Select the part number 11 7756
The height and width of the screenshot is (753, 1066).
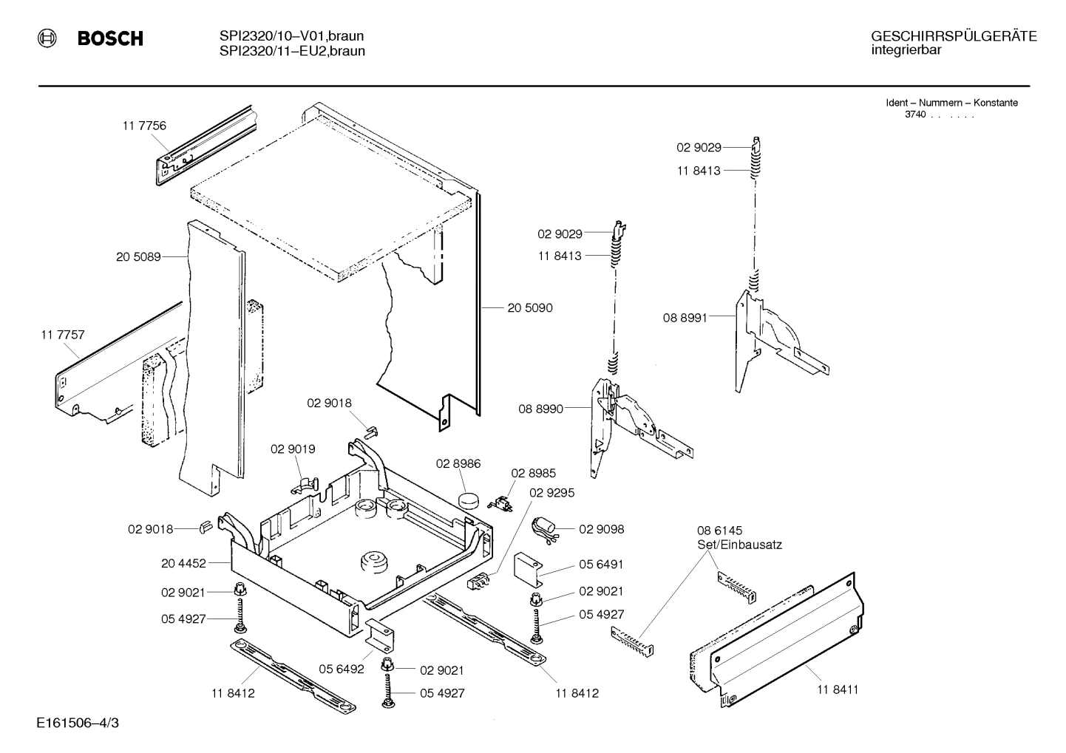(x=144, y=126)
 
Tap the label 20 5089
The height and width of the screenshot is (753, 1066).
(x=138, y=257)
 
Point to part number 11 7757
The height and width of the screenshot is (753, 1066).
(x=63, y=335)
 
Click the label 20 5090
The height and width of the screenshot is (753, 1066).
(x=530, y=307)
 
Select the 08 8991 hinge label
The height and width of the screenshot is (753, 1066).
(x=685, y=318)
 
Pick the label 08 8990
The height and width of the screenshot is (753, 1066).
(x=540, y=409)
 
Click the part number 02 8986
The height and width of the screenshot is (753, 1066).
(x=458, y=464)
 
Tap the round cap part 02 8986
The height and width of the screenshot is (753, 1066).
(x=469, y=499)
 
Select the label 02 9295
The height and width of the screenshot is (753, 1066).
(x=552, y=492)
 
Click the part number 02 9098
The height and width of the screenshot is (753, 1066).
(x=601, y=529)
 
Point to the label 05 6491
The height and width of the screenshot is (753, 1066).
(x=601, y=564)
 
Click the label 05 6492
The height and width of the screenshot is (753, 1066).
(x=342, y=669)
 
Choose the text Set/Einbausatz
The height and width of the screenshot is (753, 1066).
(x=739, y=545)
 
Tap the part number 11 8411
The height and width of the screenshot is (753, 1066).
(x=838, y=689)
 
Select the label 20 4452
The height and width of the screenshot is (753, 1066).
(x=183, y=563)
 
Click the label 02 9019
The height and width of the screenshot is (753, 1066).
(x=293, y=449)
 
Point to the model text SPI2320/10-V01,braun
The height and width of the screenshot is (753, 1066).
(x=291, y=36)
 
